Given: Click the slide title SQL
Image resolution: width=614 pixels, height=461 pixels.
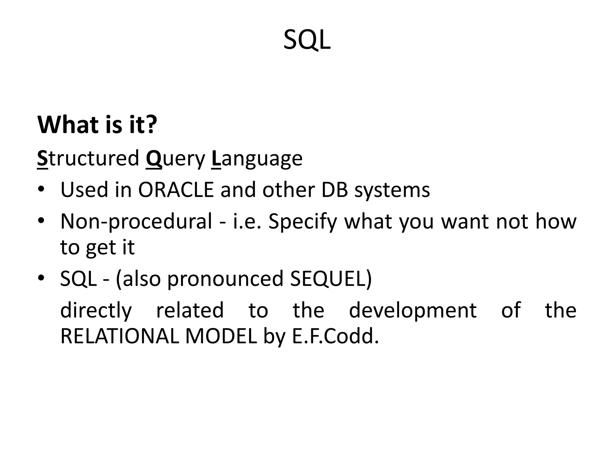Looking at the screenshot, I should pyautogui.click(x=307, y=40).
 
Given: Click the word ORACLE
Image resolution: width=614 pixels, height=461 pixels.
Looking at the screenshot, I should pyautogui.click(x=176, y=190).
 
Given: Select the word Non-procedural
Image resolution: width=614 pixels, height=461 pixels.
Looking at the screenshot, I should pyautogui.click(x=136, y=221).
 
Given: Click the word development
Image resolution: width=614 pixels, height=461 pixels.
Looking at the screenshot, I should pyautogui.click(x=413, y=310).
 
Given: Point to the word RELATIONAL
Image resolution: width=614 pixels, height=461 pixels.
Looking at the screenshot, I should pyautogui.click(x=120, y=336).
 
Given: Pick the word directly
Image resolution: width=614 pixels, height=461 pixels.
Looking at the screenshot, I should pyautogui.click(x=96, y=310).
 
